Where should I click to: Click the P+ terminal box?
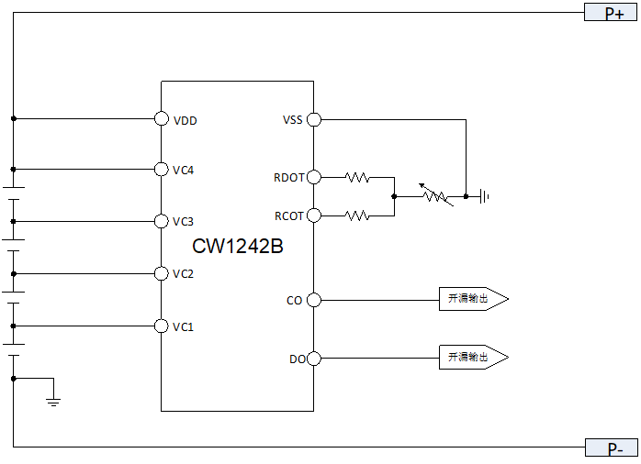point(611,13)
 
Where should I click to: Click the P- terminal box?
point(611,448)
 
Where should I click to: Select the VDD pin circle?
point(161,119)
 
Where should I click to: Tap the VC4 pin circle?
point(161,170)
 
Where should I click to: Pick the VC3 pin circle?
point(161,221)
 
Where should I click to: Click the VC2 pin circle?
point(161,273)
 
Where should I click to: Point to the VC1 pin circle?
point(161,326)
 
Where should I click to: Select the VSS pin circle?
point(313,119)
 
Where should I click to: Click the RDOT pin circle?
point(313,177)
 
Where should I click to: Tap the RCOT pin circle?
point(313,215)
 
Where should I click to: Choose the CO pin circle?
point(313,300)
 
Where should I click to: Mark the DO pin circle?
point(313,359)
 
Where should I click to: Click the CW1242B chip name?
point(237,247)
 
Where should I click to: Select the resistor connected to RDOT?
point(357,177)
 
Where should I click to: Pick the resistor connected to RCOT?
point(357,215)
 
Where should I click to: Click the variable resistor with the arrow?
point(433,195)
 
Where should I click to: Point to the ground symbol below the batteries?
point(53,401)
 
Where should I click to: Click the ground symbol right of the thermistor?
point(484,196)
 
